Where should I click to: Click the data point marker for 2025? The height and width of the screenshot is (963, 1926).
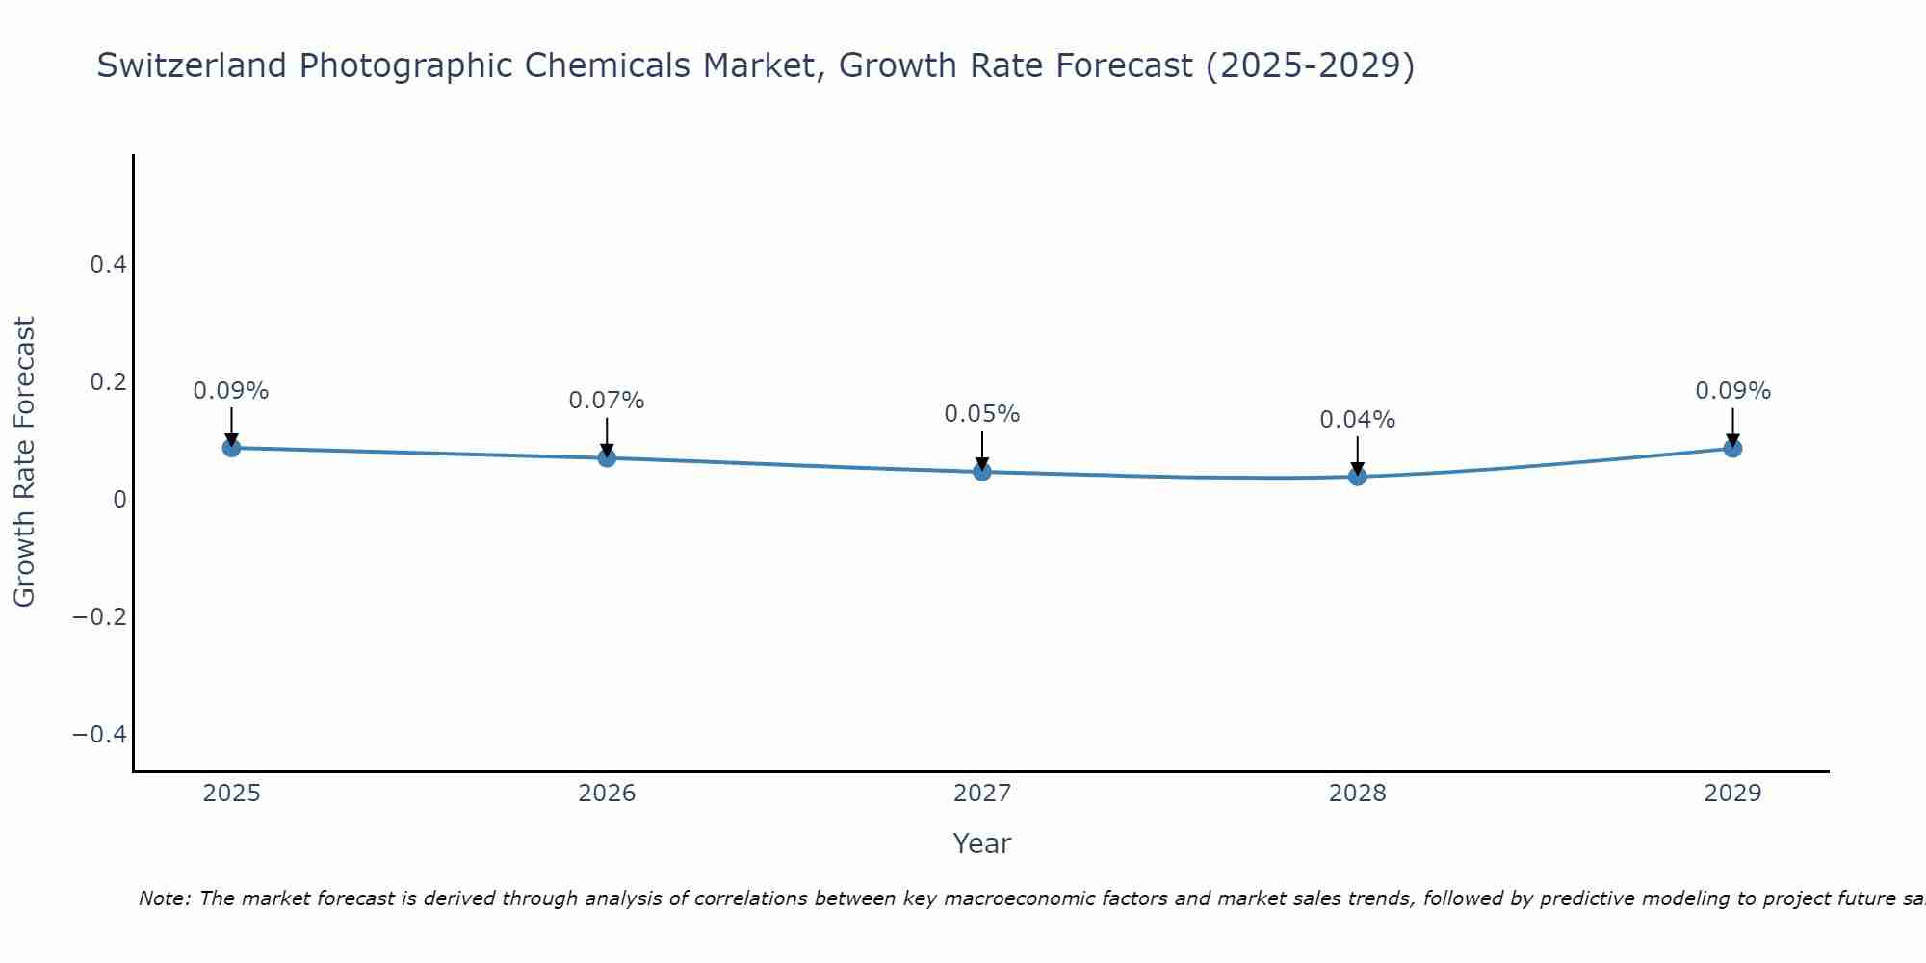click(x=231, y=448)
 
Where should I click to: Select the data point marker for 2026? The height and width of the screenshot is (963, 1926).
click(x=607, y=457)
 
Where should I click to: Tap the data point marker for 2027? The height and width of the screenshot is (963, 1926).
click(x=982, y=471)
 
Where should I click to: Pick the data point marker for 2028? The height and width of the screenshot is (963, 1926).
click(x=1358, y=476)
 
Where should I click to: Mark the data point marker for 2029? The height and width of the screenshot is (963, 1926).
click(x=1732, y=448)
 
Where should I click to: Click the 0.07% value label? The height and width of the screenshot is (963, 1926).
click(x=606, y=401)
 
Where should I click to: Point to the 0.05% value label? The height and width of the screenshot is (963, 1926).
click(x=981, y=414)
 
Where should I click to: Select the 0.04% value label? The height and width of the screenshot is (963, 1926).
click(x=1357, y=420)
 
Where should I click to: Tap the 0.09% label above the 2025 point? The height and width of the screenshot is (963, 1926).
click(x=231, y=391)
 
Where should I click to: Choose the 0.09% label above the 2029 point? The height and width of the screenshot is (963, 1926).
click(x=1732, y=391)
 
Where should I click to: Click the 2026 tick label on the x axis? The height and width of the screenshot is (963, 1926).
click(x=607, y=794)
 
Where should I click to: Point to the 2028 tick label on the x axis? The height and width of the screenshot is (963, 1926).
click(x=1358, y=794)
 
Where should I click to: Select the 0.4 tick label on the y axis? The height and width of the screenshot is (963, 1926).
click(x=109, y=264)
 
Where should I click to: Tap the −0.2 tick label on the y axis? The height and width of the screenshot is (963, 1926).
click(x=100, y=616)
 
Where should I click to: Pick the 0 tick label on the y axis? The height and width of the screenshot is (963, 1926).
click(x=120, y=499)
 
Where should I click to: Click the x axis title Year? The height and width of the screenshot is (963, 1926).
click(x=981, y=844)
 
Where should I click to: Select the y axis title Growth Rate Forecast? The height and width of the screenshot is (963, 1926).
click(x=24, y=462)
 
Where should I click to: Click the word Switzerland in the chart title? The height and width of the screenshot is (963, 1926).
click(x=192, y=65)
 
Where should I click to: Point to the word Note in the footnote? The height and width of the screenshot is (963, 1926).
click(x=165, y=898)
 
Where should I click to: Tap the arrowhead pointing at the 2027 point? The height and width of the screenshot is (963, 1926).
click(x=982, y=462)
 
